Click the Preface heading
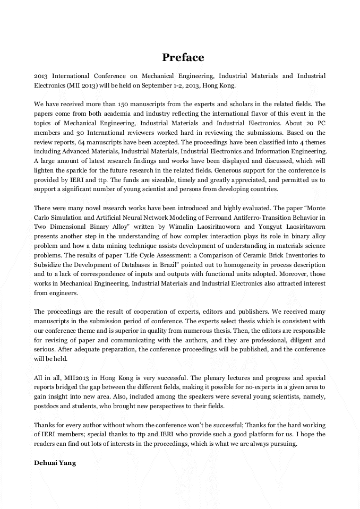click(183, 57)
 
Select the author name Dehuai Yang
click(55, 463)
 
